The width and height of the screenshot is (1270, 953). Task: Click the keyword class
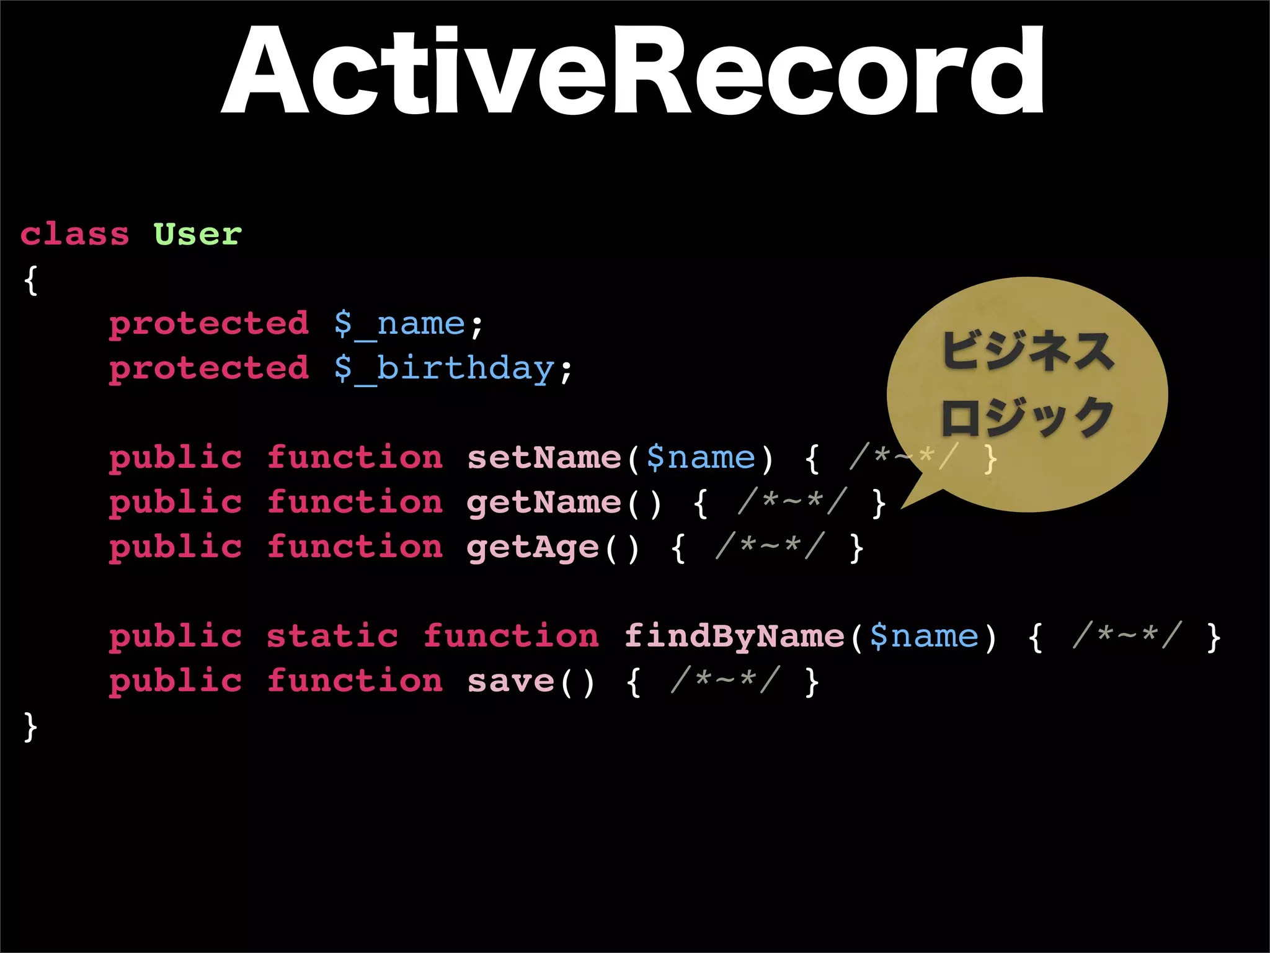point(74,235)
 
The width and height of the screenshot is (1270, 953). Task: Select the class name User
point(197,235)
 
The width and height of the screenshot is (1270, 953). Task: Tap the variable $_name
point(399,324)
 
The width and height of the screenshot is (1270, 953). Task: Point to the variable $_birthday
point(444,369)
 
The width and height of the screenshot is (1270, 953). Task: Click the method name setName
point(544,458)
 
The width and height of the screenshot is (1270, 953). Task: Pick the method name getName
point(544,503)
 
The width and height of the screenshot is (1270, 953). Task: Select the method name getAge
point(533,548)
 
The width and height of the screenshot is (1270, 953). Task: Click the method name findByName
point(734,637)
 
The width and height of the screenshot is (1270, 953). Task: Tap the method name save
point(510,681)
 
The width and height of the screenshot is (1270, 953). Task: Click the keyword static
point(332,637)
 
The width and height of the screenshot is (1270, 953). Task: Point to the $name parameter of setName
point(701,458)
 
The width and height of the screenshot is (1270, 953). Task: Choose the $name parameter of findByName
point(924,637)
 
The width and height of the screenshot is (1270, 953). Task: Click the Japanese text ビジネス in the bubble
point(1028,351)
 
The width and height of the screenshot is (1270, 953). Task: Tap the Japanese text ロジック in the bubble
point(1028,417)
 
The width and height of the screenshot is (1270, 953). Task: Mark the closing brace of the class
point(30,727)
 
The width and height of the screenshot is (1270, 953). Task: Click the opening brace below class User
point(30,280)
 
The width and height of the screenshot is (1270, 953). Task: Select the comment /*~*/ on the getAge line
point(770,547)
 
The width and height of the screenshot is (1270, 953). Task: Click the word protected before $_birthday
point(209,369)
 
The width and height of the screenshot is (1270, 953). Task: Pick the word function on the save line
point(355,681)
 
